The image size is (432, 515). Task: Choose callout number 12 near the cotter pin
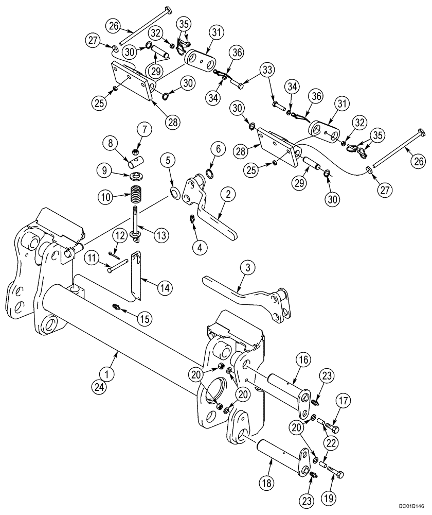pos(120,235)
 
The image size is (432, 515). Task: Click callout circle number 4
pos(200,246)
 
